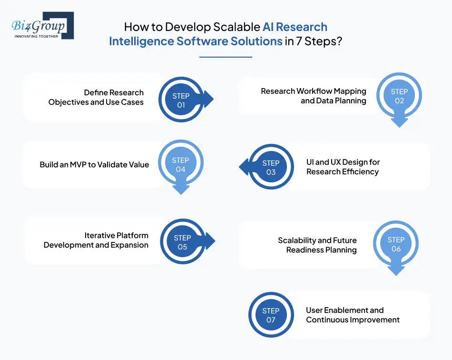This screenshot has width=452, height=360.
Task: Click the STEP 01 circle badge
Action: tap(181, 100)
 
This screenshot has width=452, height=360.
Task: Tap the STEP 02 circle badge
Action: tap(399, 96)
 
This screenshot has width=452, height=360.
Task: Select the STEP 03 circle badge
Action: tap(271, 167)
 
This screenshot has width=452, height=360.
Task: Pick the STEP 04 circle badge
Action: tap(180, 164)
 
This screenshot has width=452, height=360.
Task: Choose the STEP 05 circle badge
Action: tap(183, 242)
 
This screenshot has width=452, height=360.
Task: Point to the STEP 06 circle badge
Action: tap(396, 244)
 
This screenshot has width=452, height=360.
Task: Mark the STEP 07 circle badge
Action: tap(271, 315)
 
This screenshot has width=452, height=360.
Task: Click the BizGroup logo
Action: tap(42, 25)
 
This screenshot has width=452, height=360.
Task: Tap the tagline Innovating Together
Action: tap(37, 36)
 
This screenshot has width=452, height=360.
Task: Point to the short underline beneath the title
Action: tap(226, 57)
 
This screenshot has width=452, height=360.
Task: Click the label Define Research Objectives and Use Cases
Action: tap(96, 97)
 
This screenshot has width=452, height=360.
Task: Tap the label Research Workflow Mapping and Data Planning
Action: tap(314, 96)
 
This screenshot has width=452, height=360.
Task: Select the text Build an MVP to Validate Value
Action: tap(94, 165)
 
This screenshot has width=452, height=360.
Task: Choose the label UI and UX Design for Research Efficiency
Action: tap(343, 167)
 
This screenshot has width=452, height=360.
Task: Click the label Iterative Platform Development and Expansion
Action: tap(96, 240)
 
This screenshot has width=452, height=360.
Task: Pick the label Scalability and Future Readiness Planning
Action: tap(317, 245)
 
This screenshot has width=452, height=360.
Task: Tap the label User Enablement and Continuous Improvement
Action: tap(353, 315)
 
